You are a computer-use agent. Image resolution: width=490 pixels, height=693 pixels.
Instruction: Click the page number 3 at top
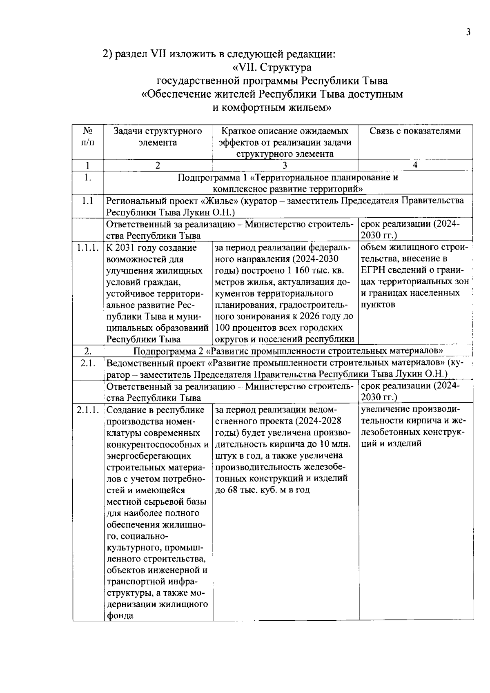[x=468, y=32]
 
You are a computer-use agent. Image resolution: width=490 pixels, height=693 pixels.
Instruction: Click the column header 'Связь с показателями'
[x=415, y=131]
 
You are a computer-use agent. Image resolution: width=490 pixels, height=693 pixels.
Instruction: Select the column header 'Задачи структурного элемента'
[x=158, y=137]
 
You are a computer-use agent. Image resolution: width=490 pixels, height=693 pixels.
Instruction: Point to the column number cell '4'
[x=415, y=165]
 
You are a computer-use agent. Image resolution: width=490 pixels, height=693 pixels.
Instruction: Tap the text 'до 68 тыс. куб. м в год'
[x=262, y=490]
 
